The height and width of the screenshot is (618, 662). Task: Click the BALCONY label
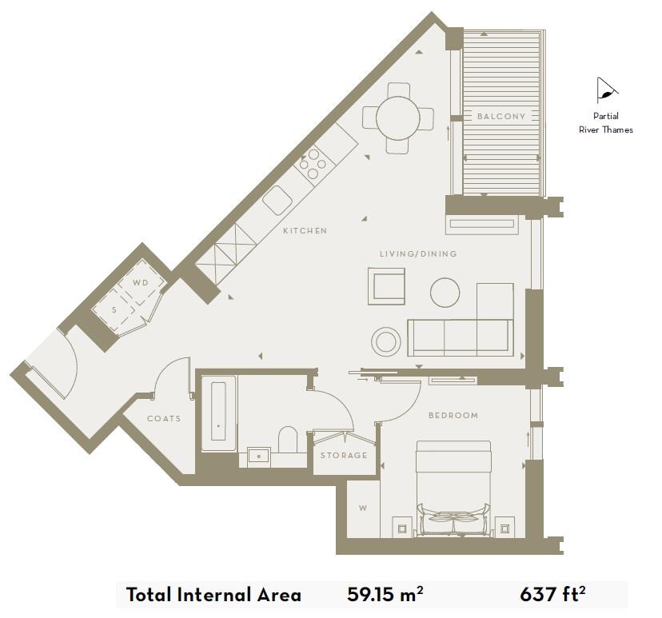coord(501,117)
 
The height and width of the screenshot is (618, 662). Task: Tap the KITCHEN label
coord(305,231)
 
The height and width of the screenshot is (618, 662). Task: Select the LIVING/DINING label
coord(418,254)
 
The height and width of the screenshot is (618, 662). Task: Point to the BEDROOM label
coord(453,416)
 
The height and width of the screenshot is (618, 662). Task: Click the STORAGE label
coord(344,456)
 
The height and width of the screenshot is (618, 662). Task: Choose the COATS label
coord(164,419)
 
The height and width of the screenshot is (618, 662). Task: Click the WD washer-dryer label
coord(141,283)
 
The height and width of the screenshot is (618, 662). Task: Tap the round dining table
coord(398,118)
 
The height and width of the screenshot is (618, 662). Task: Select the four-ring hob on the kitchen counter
coord(311,165)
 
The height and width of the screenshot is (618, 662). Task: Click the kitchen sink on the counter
coord(277,198)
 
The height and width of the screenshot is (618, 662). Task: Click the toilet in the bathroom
coord(287,441)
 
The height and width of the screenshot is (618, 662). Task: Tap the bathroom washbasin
coord(258,457)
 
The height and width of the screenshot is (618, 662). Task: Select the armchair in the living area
coord(387,285)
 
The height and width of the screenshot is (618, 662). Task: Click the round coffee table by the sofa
coord(445,293)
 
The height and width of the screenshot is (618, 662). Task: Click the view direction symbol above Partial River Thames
coord(607,92)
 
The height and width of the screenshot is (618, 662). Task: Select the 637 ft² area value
coord(553,594)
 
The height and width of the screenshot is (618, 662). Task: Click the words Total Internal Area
coord(213,595)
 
